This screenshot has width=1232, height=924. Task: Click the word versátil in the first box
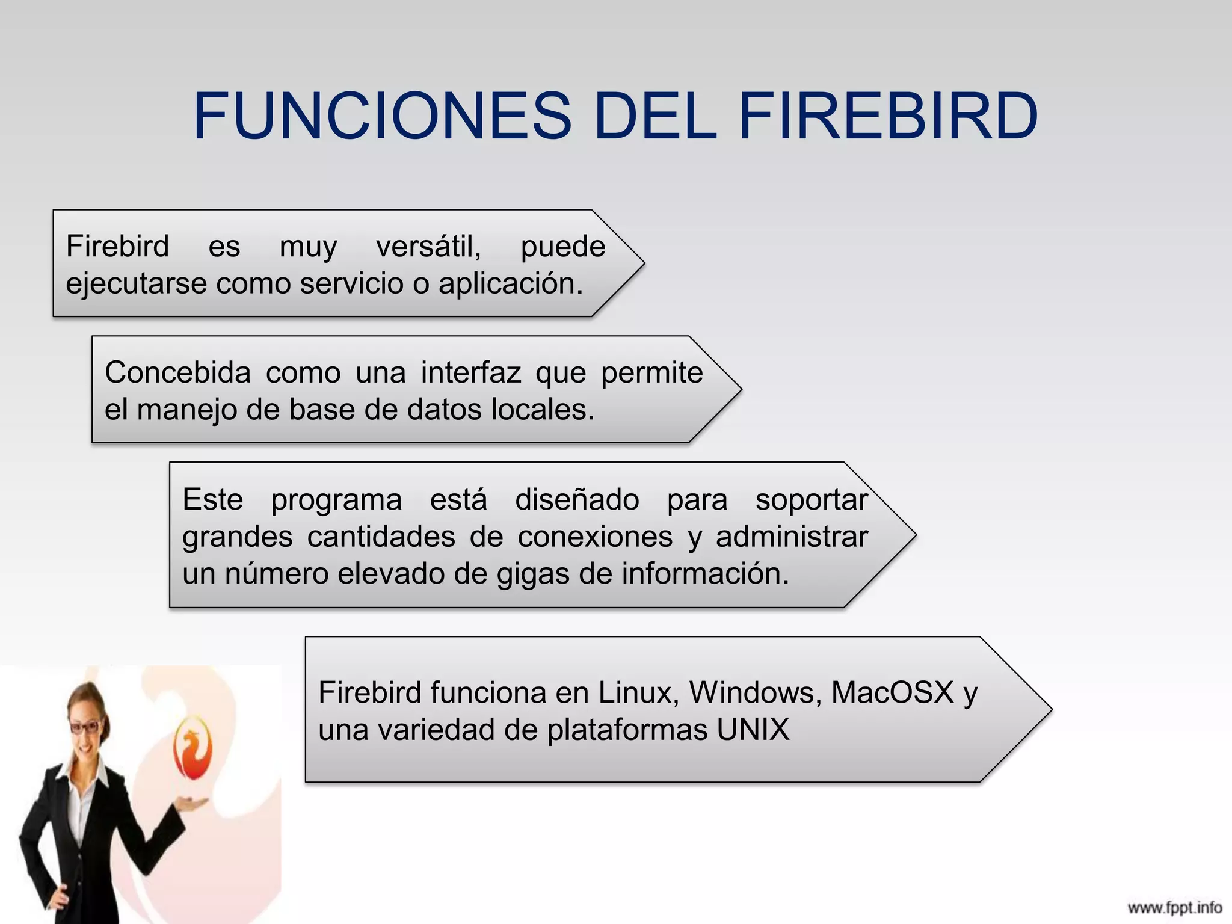point(428,247)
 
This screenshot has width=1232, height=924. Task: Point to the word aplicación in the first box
point(511,283)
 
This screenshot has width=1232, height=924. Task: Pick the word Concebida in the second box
point(177,372)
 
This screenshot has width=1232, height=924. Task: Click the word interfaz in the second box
point(470,372)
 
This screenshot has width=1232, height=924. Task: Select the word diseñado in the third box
point(577,500)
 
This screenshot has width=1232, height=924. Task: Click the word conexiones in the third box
point(595,537)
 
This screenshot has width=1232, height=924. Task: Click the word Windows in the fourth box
point(756,692)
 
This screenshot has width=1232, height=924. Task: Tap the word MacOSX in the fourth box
point(893,692)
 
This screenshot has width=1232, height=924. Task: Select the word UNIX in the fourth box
point(753,730)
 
